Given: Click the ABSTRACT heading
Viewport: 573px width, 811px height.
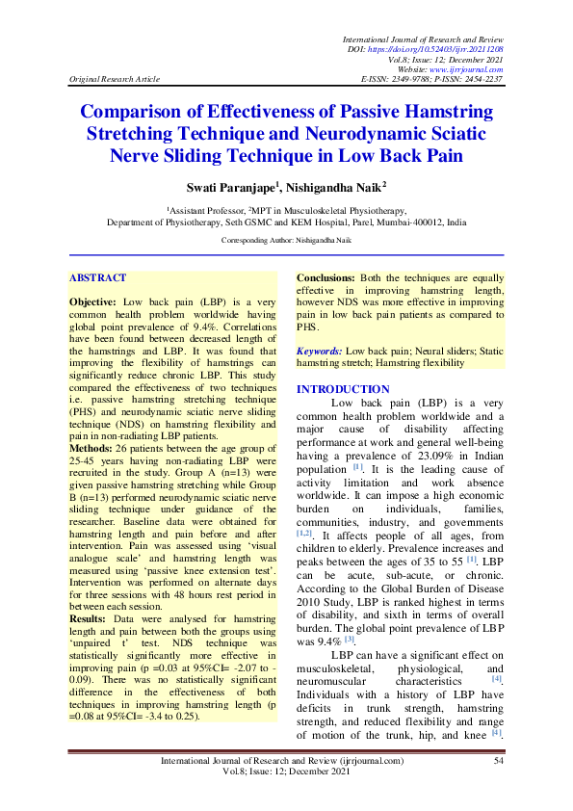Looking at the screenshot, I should tap(97, 277).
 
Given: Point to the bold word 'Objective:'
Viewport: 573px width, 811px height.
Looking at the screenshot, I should tap(93, 301).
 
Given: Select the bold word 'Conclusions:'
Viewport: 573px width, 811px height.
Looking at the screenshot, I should tap(326, 277).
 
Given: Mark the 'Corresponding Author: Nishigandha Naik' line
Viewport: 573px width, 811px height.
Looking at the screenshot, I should tap(286, 240).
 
